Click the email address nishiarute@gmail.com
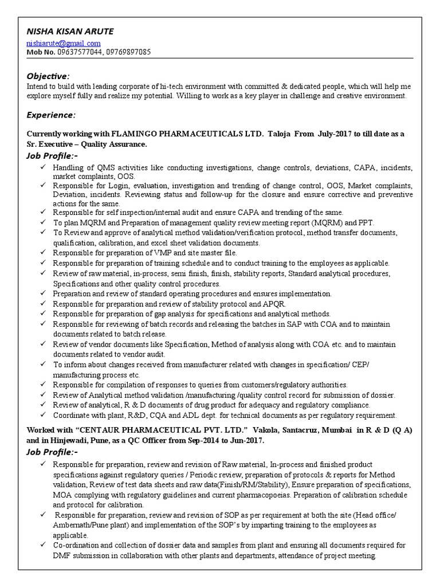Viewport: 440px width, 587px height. pos(63,43)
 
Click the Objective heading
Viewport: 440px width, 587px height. pos(48,76)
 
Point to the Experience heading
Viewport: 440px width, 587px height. pos(51,115)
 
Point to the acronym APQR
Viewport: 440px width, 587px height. pos(276,304)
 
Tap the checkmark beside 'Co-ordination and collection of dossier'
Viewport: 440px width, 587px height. pos(43,545)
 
